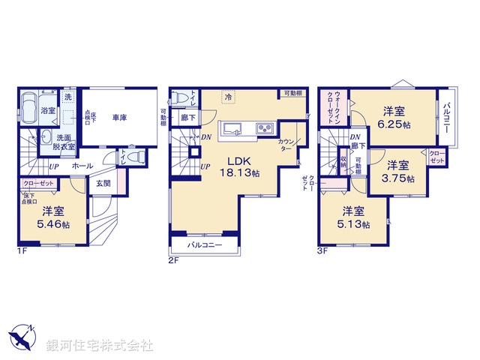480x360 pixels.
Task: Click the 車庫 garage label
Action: pos(119,118)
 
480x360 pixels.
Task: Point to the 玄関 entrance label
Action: pos(103,181)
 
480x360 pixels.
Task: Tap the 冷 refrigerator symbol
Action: pos(229,97)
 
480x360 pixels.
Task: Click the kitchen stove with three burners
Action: pos(265,129)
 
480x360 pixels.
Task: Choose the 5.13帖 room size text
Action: pos(355,223)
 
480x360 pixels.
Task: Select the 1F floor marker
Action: pos(22,250)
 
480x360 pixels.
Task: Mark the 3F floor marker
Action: pos(324,250)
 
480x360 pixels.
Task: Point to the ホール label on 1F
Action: pos(83,166)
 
